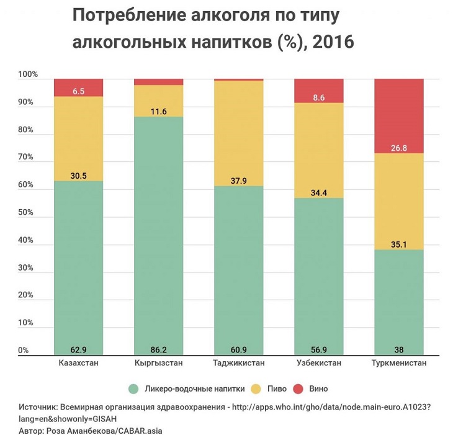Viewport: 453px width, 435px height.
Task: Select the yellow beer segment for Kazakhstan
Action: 79,138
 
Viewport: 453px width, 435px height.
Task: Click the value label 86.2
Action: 159,349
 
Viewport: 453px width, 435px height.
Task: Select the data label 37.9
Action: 238,181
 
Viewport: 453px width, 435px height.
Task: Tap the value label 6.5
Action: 79,91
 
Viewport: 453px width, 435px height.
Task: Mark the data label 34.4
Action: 318,193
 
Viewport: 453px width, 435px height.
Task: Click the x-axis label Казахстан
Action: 79,363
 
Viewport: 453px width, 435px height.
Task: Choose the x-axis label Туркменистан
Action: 398,363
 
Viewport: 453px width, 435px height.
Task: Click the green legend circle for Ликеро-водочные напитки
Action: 133,389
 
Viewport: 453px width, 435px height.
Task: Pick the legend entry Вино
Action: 316,389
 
